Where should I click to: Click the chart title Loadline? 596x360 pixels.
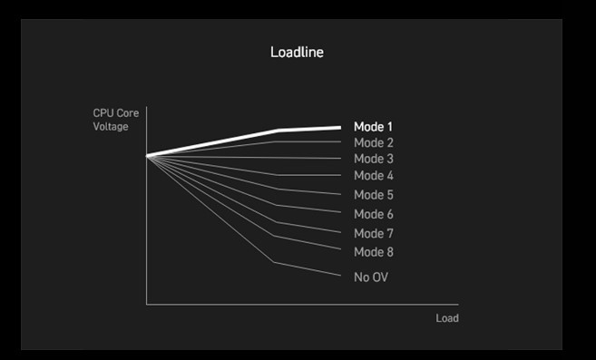point(297,52)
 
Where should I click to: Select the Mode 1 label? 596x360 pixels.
point(373,127)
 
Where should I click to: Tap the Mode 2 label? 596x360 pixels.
point(373,142)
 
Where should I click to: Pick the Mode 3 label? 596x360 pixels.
point(373,159)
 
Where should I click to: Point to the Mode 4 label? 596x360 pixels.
point(373,175)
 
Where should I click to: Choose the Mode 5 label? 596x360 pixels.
point(373,195)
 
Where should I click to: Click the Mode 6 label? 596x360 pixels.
point(373,214)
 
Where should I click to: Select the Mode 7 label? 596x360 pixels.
point(373,233)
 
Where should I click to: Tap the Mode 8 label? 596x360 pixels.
point(373,252)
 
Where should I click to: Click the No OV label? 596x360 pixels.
point(371,277)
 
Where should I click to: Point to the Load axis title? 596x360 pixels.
point(447,317)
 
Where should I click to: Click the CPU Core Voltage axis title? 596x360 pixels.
point(116,120)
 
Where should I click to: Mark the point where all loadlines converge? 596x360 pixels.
point(147,156)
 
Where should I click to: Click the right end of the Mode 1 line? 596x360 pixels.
point(340,128)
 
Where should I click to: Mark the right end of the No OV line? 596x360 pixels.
point(340,276)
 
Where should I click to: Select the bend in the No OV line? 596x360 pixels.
point(274,262)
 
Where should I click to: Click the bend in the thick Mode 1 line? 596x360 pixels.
point(278,131)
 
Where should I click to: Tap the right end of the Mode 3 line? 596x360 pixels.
point(340,158)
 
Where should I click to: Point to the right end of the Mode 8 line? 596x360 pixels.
point(340,249)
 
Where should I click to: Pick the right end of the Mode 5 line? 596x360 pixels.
point(340,194)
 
